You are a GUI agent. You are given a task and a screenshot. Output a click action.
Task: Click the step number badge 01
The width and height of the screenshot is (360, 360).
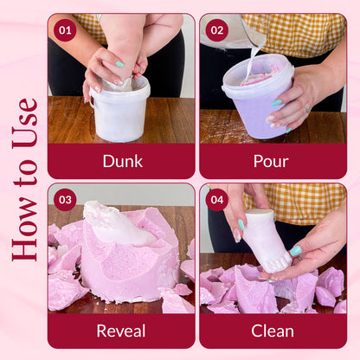(x=65, y=30)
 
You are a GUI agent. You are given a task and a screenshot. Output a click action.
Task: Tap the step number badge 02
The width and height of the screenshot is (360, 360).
(x=217, y=30)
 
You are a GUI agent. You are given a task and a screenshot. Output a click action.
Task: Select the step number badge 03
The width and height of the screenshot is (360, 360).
(x=65, y=200)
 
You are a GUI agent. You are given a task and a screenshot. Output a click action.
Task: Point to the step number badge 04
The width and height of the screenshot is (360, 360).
(x=217, y=200)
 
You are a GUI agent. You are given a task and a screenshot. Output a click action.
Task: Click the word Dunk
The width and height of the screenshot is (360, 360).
(x=123, y=161)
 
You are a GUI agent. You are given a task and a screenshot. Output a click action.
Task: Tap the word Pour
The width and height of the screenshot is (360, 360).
(x=271, y=161)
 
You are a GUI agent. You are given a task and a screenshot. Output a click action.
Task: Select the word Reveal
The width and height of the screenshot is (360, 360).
(x=121, y=331)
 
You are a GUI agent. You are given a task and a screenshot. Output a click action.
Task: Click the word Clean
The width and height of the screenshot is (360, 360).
(x=273, y=331)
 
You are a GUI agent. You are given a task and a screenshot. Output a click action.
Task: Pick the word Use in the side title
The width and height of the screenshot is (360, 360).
(x=25, y=124)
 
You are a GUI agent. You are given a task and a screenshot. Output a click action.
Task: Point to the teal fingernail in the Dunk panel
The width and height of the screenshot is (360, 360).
(x=119, y=64)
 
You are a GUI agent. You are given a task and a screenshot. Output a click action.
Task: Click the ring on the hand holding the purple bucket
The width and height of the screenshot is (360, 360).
(x=307, y=109)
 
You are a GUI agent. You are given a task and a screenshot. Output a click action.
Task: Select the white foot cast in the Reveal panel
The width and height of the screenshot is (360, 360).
(x=119, y=223)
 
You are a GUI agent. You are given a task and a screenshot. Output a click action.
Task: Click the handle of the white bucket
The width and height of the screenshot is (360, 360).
(x=92, y=101)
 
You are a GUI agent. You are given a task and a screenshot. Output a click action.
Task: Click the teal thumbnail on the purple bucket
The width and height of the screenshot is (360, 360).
(x=277, y=102)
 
